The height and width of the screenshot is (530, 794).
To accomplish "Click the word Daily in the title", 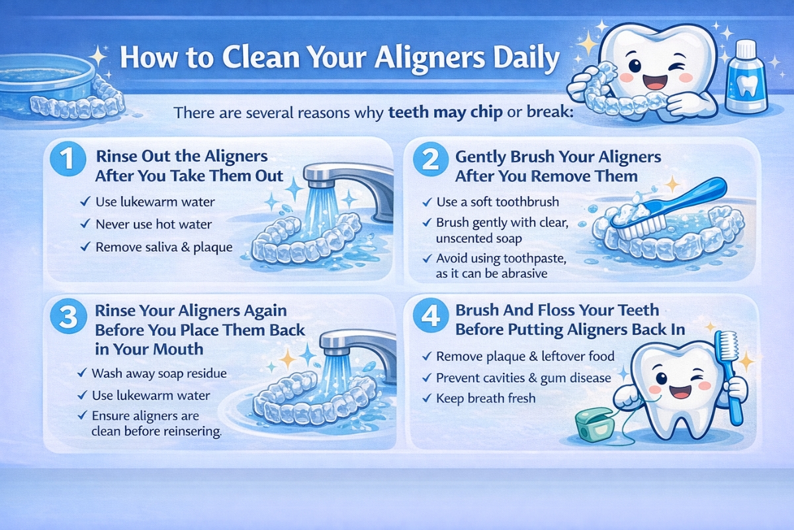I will click(517, 58).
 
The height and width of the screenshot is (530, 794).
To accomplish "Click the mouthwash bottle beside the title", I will click(745, 78).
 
